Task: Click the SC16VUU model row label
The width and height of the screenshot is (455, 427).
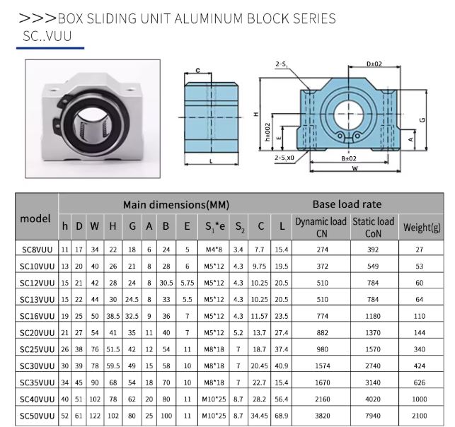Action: click(37, 316)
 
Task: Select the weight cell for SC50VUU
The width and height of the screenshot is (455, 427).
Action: click(420, 416)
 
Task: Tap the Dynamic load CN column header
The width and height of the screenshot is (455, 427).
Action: click(321, 227)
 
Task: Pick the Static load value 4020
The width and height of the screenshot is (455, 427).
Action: click(373, 399)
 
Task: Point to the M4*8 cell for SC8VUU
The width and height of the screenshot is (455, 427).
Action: click(214, 250)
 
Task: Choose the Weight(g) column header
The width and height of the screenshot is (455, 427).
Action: click(422, 228)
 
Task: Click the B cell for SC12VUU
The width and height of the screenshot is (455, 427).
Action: click(166, 283)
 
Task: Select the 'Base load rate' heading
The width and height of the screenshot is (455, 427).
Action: click(347, 204)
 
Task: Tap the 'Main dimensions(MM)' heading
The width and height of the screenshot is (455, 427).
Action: click(176, 205)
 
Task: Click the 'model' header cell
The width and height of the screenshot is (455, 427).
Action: click(35, 218)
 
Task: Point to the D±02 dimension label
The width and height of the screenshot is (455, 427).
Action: click(374, 64)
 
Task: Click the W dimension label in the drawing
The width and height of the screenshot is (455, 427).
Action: click(355, 168)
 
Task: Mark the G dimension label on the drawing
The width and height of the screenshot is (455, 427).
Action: click(422, 119)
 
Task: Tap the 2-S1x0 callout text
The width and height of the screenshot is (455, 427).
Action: click(284, 158)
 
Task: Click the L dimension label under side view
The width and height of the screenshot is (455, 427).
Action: click(211, 161)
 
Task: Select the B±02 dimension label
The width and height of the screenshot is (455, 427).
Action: click(349, 158)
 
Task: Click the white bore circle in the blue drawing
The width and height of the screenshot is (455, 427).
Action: click(349, 114)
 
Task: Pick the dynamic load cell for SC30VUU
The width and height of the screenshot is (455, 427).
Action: click(323, 365)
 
